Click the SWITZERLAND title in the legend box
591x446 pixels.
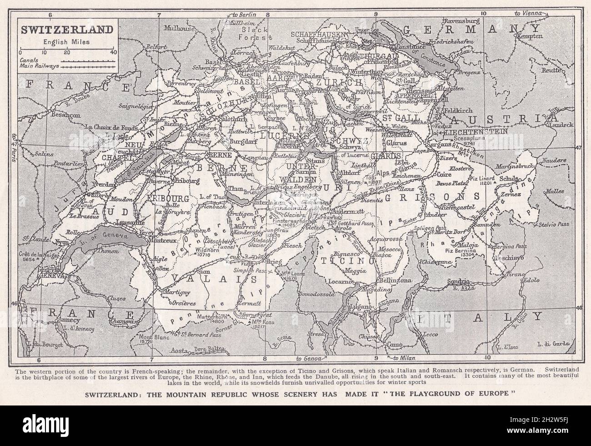pyautogui.click(x=66, y=30)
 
